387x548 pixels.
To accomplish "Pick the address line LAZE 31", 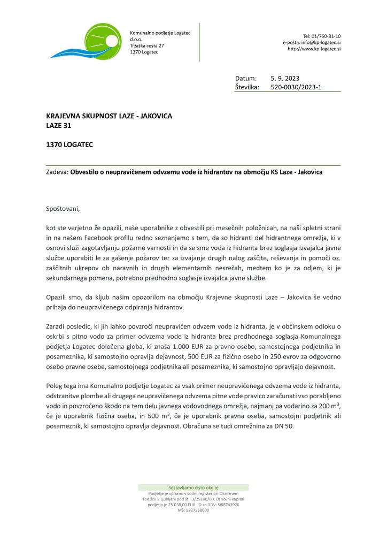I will tap(59, 126).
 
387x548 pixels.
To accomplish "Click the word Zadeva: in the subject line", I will tap(58, 173).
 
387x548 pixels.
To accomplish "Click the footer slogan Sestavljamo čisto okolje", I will tap(193, 488).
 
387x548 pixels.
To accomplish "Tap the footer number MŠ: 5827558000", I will tap(193, 510).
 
